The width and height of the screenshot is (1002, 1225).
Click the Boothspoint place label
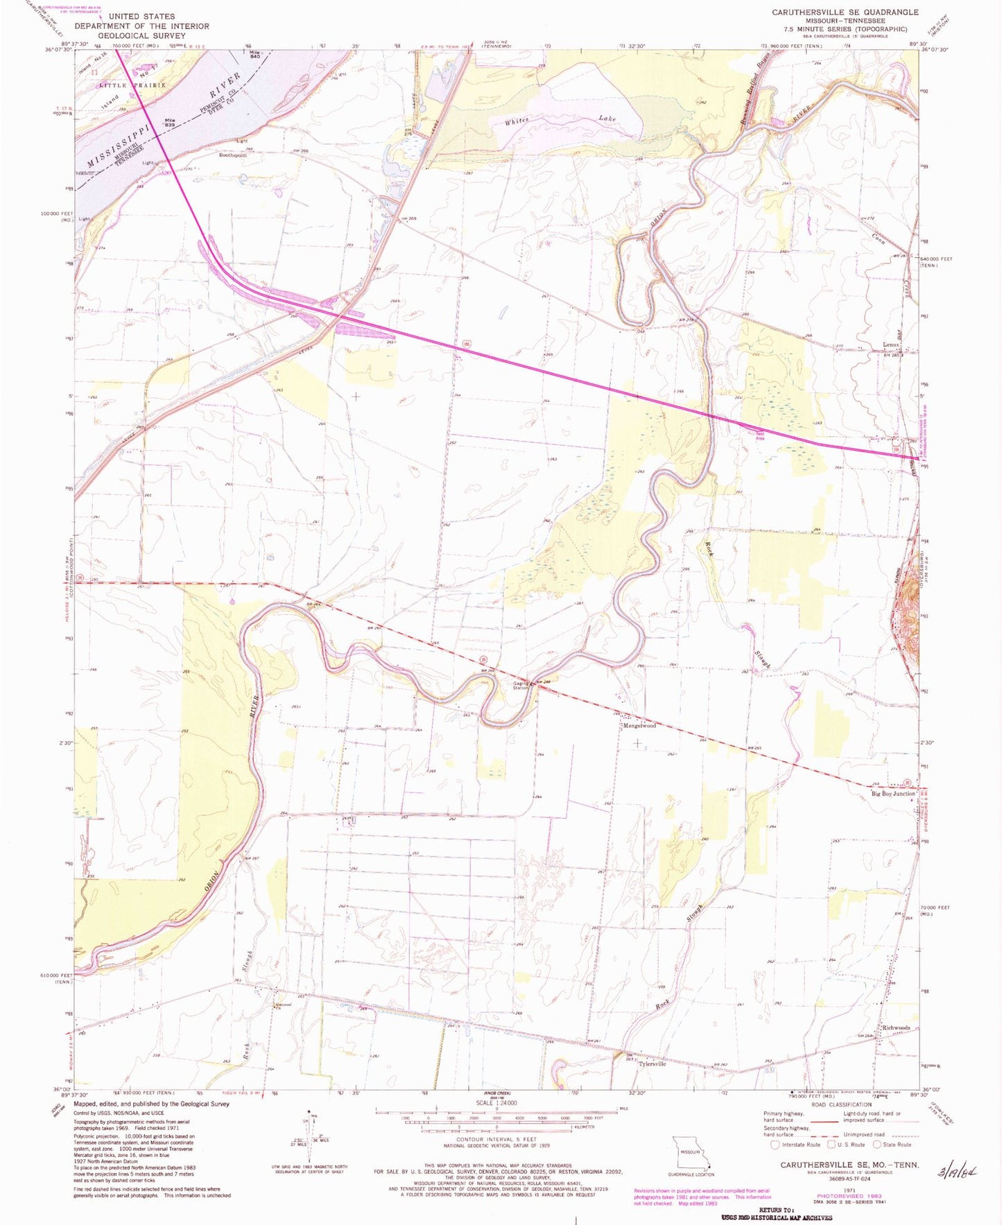[x=234, y=155]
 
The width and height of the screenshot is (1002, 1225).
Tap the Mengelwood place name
[x=639, y=726]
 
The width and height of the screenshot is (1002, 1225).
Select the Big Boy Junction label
[x=893, y=794]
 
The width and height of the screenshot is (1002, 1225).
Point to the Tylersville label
[x=652, y=1063]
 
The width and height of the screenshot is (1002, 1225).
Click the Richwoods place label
[x=897, y=1027]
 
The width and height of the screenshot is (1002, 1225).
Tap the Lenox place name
[x=890, y=345]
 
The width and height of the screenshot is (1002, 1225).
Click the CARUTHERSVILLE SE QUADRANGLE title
[x=845, y=12]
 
